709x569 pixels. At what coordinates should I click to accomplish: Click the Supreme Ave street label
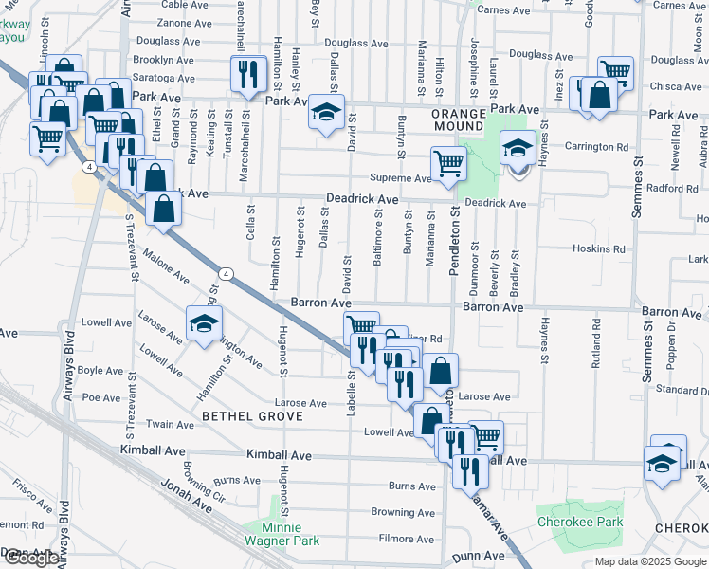(x=400, y=178)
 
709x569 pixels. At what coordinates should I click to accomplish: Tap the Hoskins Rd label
(x=599, y=249)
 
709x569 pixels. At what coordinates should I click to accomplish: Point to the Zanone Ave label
(x=185, y=23)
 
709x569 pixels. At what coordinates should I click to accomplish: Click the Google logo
(x=31, y=558)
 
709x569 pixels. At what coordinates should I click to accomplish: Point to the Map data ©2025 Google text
(x=649, y=561)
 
